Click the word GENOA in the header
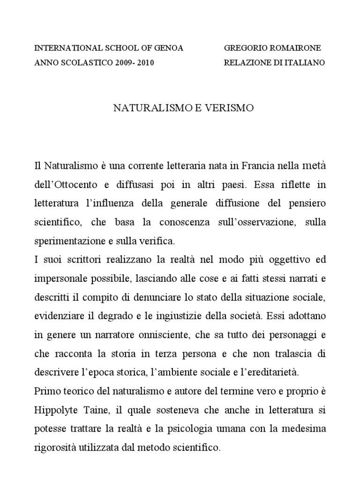click(167, 48)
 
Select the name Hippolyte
click(57, 410)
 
